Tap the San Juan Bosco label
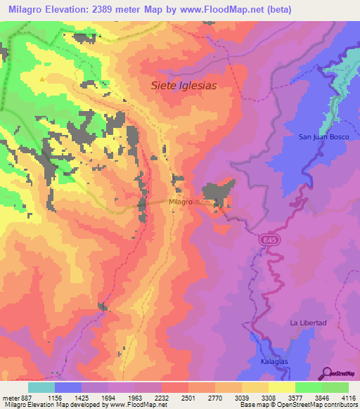tap(321, 136)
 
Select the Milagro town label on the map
tap(181, 202)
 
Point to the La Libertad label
tap(308, 323)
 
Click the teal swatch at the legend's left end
tap(41, 387)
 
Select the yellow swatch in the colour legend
tap(281, 387)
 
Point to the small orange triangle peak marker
tap(43, 79)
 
